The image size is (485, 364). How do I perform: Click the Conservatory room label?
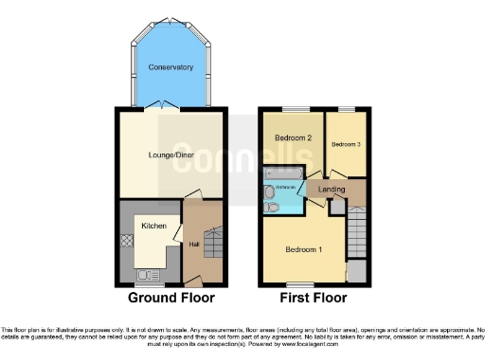coord(171,67)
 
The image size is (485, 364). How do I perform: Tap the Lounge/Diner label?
coord(171,155)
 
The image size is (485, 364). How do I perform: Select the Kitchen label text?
coord(154,227)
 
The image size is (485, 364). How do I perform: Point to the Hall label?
coord(193,245)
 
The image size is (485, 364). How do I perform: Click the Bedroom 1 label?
coord(303,250)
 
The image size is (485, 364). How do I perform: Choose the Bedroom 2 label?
coord(294,138)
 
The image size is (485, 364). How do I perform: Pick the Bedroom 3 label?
coord(346,144)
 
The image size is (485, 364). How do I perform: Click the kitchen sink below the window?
coord(147,275)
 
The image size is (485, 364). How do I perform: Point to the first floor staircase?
coord(357,232)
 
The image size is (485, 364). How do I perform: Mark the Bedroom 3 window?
coord(346,109)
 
